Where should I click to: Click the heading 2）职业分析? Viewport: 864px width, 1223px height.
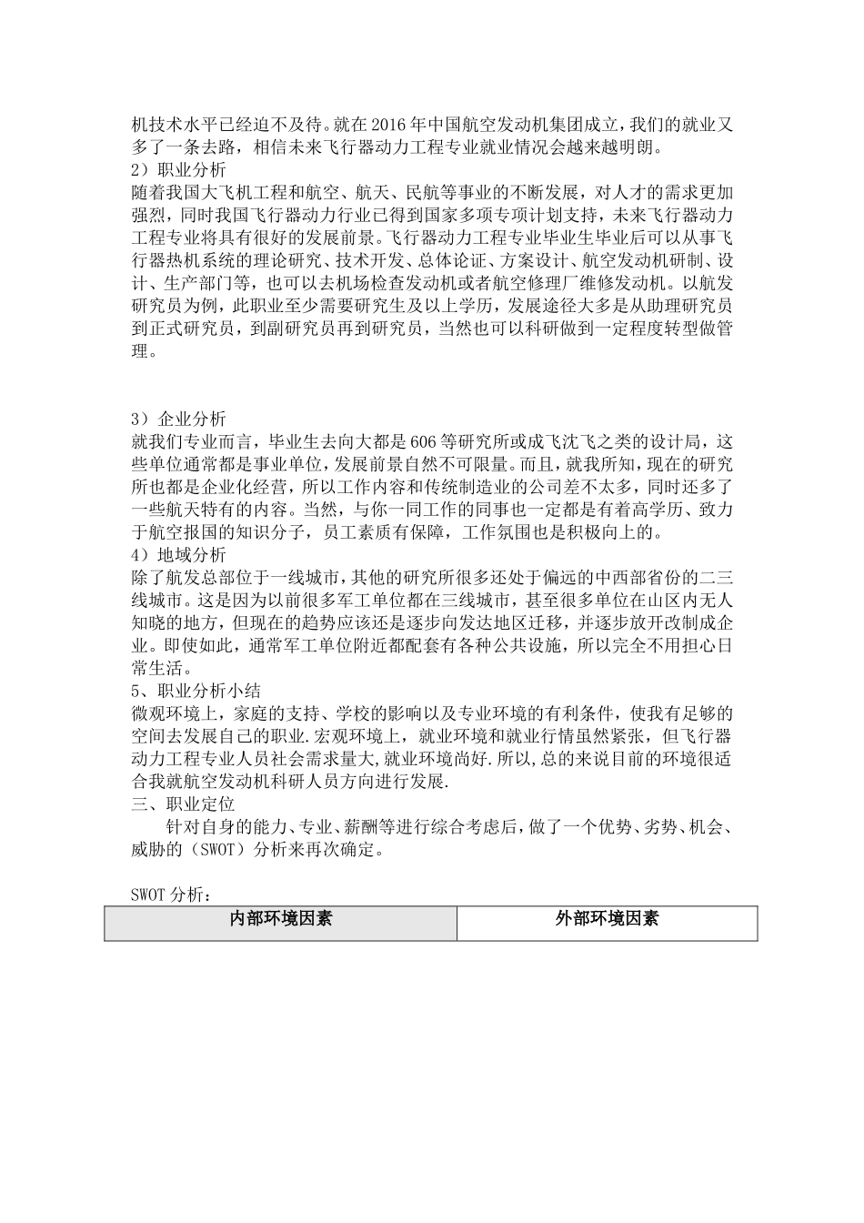coord(179,169)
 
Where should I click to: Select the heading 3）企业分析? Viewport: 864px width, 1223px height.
coord(179,419)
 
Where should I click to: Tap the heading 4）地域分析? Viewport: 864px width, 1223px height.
coord(179,554)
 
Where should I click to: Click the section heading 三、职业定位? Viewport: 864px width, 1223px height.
coord(184,804)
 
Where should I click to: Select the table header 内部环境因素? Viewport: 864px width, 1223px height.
coord(280,919)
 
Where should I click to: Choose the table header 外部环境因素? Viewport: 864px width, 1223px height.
coord(607,919)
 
